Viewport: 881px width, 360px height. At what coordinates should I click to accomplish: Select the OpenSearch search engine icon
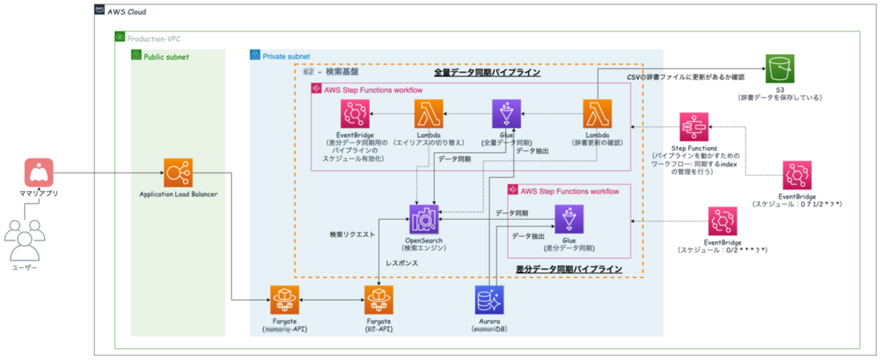pos(425,220)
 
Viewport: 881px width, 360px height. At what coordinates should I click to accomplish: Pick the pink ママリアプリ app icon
pos(39,173)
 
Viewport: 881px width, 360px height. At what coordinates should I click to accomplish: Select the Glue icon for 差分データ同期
pos(569,220)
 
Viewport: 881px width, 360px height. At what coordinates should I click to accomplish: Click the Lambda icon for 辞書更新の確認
pos(598,113)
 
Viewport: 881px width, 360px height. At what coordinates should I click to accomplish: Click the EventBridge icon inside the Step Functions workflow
pos(354,113)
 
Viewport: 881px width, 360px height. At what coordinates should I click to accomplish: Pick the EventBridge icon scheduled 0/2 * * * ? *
pos(722,222)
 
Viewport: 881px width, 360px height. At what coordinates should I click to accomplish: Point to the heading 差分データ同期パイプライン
pos(569,269)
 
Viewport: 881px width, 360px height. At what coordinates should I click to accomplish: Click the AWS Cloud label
pos(127,12)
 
